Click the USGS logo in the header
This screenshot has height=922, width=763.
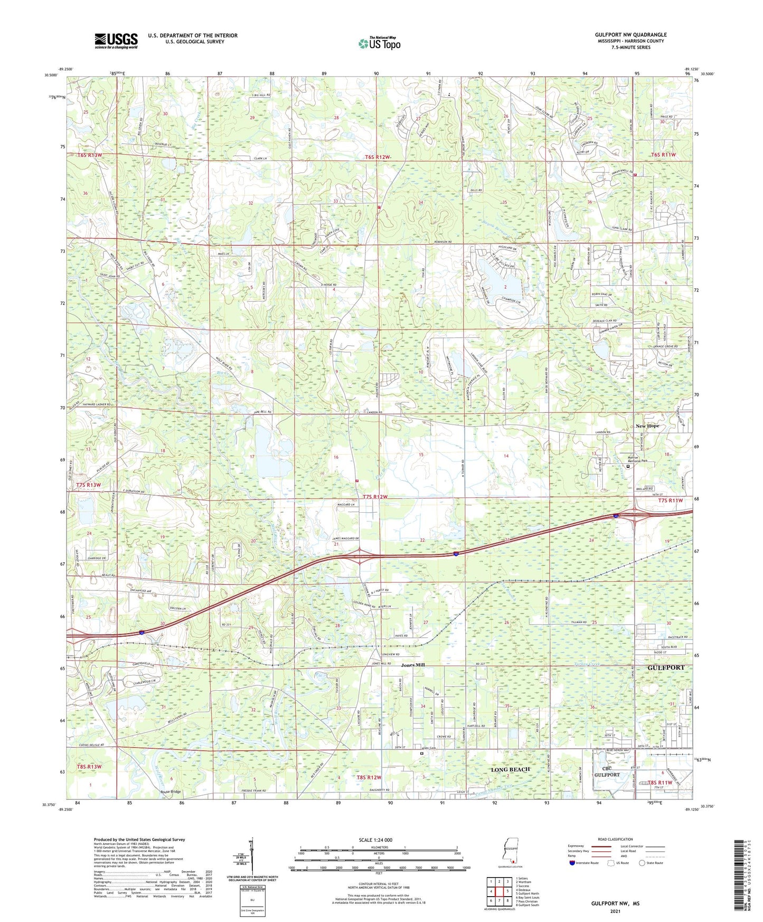pyautogui.click(x=116, y=41)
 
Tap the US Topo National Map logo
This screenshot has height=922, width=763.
pyautogui.click(x=379, y=43)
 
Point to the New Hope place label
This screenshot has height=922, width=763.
pyautogui.click(x=647, y=426)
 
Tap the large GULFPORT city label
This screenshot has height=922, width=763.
pyautogui.click(x=665, y=667)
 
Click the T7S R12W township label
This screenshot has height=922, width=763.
pyautogui.click(x=375, y=497)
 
